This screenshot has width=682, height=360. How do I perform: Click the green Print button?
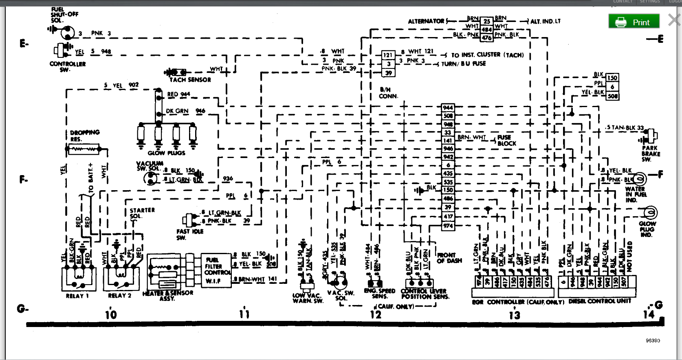(x=634, y=22)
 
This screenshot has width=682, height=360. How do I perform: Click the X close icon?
(x=674, y=20)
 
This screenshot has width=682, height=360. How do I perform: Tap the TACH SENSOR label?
(x=190, y=80)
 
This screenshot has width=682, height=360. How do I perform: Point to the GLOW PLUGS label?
(x=166, y=153)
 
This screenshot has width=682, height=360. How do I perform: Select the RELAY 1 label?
(x=77, y=296)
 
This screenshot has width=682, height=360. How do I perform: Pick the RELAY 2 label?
(x=119, y=296)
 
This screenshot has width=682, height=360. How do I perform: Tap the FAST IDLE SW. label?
(x=189, y=234)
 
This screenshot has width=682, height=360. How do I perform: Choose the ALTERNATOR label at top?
(x=426, y=21)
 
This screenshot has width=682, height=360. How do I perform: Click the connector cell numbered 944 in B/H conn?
(x=448, y=108)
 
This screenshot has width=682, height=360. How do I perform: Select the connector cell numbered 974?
(x=448, y=226)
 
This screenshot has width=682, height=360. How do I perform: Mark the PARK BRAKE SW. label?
(x=651, y=154)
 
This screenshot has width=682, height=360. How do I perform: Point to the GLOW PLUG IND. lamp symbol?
(x=651, y=212)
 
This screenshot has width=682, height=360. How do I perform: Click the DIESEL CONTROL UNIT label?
(x=599, y=301)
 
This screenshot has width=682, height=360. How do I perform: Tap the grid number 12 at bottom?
(x=375, y=314)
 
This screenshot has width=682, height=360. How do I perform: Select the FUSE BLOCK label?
(x=506, y=140)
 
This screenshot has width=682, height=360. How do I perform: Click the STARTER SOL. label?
(x=142, y=213)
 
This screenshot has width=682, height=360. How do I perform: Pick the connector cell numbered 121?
(x=388, y=55)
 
